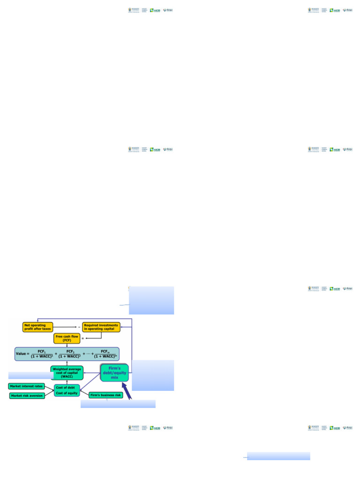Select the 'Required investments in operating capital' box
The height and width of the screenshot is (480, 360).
(x=101, y=326)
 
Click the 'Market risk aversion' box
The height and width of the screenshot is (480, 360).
(x=27, y=396)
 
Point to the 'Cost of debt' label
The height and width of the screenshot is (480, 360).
(x=67, y=387)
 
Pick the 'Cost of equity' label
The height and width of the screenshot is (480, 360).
(x=67, y=393)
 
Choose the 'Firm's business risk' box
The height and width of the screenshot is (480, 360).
(x=105, y=395)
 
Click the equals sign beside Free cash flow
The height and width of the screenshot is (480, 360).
(x=82, y=338)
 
